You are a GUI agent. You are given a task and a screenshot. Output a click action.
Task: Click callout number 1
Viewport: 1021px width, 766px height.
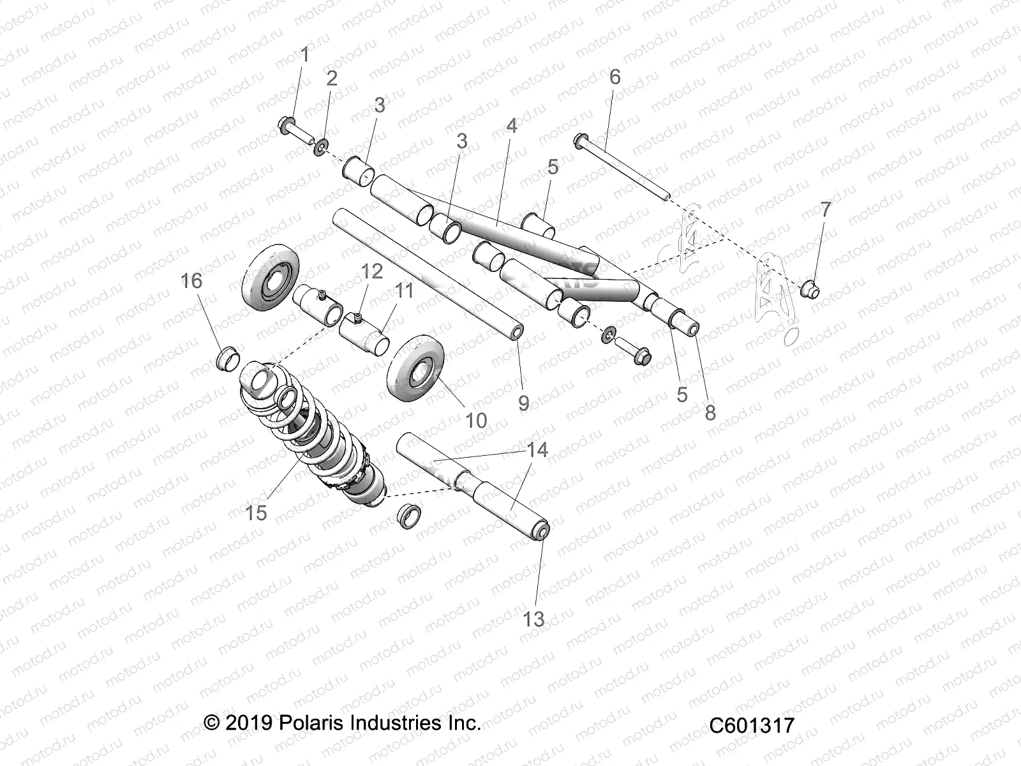click(304, 55)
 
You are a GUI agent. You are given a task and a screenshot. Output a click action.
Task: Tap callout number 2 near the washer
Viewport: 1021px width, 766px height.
click(331, 79)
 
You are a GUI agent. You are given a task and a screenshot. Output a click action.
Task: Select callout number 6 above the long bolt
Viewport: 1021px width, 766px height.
click(615, 77)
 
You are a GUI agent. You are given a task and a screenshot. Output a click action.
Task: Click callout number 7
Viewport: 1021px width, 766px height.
click(826, 209)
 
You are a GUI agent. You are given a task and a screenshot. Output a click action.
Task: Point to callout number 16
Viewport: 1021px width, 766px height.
click(191, 281)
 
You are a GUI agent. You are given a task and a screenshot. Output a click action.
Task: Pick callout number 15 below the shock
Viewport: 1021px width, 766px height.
click(256, 512)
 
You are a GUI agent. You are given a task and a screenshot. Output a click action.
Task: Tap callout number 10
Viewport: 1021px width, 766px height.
click(476, 420)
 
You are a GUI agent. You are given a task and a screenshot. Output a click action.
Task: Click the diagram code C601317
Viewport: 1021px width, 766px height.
click(752, 726)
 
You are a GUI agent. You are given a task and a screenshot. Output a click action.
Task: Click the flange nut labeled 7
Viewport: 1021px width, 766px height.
click(810, 291)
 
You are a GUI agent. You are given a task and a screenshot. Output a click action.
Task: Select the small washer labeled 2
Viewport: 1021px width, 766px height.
click(320, 146)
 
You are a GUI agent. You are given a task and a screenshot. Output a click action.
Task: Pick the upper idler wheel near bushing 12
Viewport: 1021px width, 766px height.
click(267, 277)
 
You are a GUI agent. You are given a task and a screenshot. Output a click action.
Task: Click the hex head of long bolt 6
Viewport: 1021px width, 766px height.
click(581, 141)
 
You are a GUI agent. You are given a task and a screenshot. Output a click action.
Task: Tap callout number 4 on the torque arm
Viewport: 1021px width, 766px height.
click(511, 126)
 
